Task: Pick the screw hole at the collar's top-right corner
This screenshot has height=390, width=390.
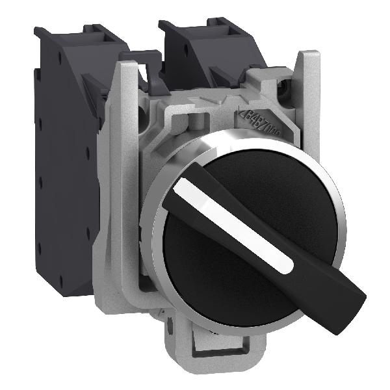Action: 283,85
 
